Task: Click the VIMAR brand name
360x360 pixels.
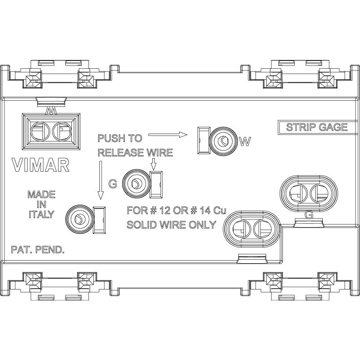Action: click(x=40, y=164)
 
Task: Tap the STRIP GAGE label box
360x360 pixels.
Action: click(x=317, y=127)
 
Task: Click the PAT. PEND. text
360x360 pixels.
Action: click(x=38, y=251)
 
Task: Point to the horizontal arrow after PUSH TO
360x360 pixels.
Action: click(x=168, y=134)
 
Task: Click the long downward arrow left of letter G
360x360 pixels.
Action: click(x=101, y=180)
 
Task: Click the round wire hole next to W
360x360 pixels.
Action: click(x=223, y=141)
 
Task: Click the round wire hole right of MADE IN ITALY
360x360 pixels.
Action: click(x=79, y=219)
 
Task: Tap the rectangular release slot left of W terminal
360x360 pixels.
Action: click(x=203, y=141)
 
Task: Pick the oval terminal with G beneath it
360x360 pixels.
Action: click(x=309, y=193)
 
